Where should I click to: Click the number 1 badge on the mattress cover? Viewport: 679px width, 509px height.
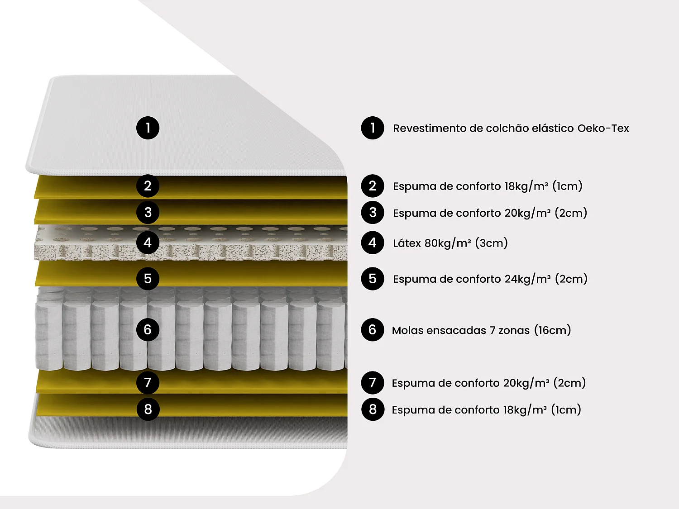pyautogui.click(x=148, y=128)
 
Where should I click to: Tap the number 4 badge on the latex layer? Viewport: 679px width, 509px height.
pyautogui.click(x=148, y=243)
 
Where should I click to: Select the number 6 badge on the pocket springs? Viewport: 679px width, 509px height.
pyautogui.click(x=148, y=330)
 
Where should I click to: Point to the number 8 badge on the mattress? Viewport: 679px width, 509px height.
pyautogui.click(x=148, y=409)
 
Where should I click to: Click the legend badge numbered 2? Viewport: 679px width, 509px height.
pyautogui.click(x=373, y=186)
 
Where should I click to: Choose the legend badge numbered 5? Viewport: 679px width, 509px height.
pyautogui.click(x=373, y=278)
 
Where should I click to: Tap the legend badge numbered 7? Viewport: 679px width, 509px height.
pyautogui.click(x=373, y=383)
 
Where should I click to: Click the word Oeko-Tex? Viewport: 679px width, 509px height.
pyautogui.click(x=603, y=128)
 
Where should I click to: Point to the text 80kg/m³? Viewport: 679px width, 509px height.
pyautogui.click(x=448, y=243)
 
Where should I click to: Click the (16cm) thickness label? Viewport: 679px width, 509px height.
pyautogui.click(x=553, y=330)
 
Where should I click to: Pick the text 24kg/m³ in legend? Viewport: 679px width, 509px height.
pyautogui.click(x=527, y=279)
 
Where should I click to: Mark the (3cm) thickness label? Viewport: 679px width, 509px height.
pyautogui.click(x=492, y=243)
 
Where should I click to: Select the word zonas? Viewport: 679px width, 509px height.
pyautogui.click(x=514, y=330)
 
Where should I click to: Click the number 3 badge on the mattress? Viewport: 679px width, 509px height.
pyautogui.click(x=148, y=212)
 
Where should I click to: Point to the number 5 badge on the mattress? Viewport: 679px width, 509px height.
pyautogui.click(x=148, y=278)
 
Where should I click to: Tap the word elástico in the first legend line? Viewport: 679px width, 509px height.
pyautogui.click(x=553, y=128)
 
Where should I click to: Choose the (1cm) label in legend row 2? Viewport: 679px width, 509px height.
pyautogui.click(x=567, y=186)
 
